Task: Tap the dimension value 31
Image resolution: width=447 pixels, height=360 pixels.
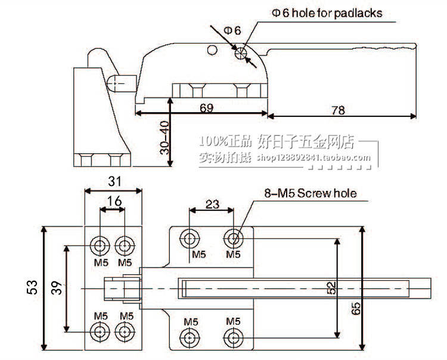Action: pyautogui.click(x=114, y=181)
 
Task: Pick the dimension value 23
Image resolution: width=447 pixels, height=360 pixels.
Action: pyautogui.click(x=212, y=203)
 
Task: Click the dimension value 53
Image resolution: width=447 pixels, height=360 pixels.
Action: pyautogui.click(x=32, y=288)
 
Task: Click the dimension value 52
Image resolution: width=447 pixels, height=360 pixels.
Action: pyautogui.click(x=331, y=288)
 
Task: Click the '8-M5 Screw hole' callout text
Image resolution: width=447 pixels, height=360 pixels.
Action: pyautogui.click(x=310, y=193)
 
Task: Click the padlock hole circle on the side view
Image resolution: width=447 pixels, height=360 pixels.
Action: pyautogui.click(x=242, y=54)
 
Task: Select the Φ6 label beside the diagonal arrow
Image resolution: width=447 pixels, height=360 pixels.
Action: pyautogui.click(x=232, y=30)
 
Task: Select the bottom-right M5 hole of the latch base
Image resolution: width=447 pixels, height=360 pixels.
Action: pyautogui.click(x=233, y=338)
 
